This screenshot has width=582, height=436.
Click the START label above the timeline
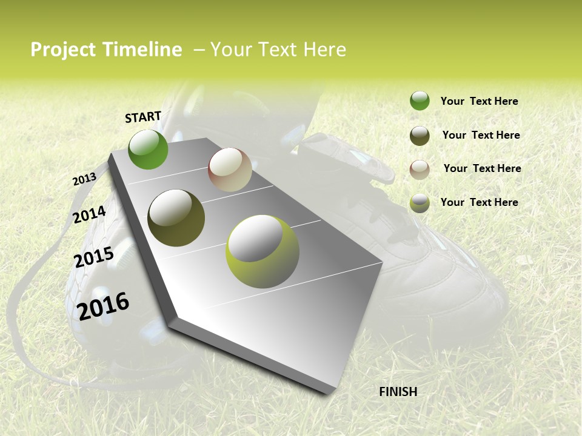[143, 117]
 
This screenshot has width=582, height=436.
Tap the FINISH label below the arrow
[398, 392]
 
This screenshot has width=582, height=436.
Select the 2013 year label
[84, 179]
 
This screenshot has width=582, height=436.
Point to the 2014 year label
[89, 215]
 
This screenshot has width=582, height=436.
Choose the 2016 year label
[104, 306]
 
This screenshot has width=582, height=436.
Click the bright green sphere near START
[148, 149]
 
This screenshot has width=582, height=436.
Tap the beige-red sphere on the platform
[230, 170]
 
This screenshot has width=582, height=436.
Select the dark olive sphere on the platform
[176, 218]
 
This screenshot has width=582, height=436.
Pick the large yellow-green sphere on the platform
[263, 251]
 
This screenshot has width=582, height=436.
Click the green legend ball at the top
[420, 101]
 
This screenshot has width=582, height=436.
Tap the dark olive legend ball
[420, 136]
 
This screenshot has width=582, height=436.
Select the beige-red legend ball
[420, 169]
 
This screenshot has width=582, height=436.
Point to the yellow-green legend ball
[420, 203]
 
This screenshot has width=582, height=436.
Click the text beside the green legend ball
[479, 101]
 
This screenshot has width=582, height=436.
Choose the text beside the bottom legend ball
[479, 202]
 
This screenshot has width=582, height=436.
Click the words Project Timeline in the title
[106, 50]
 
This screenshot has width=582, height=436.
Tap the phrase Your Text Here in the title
[278, 50]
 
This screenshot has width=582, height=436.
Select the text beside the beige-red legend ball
[482, 168]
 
